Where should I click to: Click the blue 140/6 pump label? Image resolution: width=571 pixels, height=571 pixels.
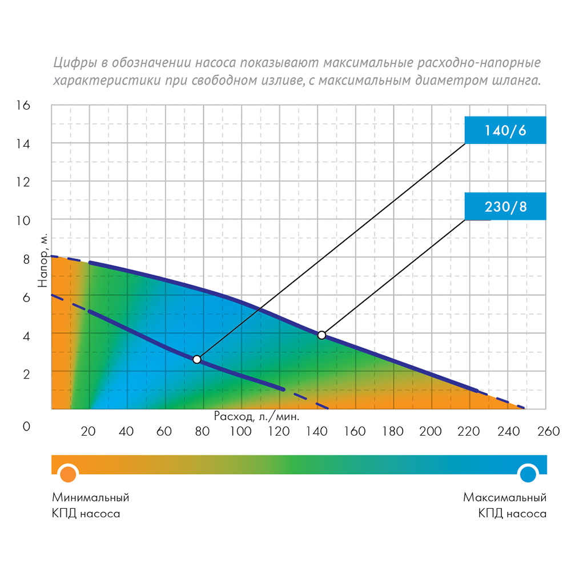coord(505,130)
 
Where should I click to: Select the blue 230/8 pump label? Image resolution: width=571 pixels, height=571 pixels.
coord(505,206)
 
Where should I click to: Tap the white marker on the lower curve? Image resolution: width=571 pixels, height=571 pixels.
coord(197,359)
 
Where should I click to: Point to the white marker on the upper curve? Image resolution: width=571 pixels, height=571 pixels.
coord(321,335)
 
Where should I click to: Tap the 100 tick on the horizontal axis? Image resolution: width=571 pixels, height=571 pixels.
coord(240,431)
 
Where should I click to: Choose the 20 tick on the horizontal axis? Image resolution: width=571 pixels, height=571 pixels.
coord(89,431)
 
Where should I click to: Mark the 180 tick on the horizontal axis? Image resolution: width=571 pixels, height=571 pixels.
coord(392,431)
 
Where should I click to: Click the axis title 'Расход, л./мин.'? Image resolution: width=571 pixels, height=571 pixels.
coord(256,416)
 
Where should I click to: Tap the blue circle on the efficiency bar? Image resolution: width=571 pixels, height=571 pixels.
coord(528,473)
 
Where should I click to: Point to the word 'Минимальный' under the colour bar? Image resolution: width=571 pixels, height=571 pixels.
coord(91,497)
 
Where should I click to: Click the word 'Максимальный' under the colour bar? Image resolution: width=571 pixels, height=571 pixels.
coord(505,497)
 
